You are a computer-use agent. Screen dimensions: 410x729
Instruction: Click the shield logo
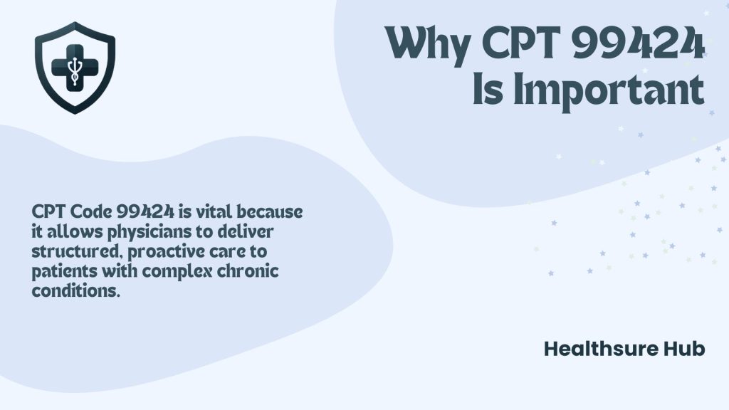click(74, 67)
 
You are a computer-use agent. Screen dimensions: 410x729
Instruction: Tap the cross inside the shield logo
click(74, 65)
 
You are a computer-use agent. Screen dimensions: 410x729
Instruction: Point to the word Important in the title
click(608, 90)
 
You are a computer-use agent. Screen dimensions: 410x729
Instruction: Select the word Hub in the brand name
click(683, 349)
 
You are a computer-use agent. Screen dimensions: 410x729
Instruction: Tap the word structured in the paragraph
click(67, 253)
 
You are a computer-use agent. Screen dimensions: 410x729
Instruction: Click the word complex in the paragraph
click(174, 273)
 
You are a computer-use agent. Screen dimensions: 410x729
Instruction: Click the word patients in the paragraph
click(62, 273)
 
